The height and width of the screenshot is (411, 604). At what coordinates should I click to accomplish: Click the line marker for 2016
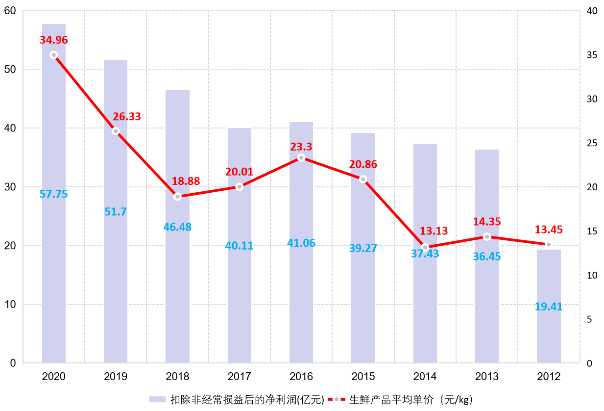coord(301,158)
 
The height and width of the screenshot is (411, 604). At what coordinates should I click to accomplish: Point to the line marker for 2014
coord(425,247)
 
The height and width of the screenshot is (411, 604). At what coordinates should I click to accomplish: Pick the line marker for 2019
coord(116,131)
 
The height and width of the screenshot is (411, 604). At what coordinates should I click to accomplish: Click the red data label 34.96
coord(54,40)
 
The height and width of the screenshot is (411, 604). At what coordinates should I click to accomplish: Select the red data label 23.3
coord(301,147)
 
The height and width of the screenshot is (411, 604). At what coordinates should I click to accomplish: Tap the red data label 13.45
coord(549,230)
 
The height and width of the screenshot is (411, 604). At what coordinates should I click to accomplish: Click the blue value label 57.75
coord(54,194)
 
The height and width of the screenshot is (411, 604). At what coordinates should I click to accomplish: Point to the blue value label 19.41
coord(549,307)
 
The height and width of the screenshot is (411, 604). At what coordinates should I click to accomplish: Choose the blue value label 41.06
coord(301,243)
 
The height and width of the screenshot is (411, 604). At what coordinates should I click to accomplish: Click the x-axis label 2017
coord(240,377)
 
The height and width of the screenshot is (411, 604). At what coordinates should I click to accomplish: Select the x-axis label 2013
coord(487,377)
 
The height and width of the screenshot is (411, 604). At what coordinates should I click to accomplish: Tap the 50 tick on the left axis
coord(10,70)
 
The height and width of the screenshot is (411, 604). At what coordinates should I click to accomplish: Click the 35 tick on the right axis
coord(592,55)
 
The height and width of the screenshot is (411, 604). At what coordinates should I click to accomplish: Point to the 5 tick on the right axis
coord(589,319)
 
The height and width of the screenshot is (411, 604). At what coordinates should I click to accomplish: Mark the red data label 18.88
coord(186,181)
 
